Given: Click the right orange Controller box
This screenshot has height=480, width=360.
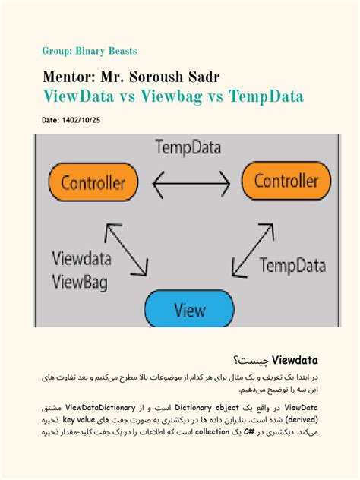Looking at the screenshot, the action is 286,182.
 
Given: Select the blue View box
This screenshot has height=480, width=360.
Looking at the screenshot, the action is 189,310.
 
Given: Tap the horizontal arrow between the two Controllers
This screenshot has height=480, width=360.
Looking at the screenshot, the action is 191,183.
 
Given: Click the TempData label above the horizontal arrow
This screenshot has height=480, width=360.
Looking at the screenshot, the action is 190,147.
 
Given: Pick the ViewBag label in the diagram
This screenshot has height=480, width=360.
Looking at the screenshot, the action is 79,283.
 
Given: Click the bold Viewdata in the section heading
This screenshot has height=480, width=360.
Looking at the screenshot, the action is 293,358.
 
